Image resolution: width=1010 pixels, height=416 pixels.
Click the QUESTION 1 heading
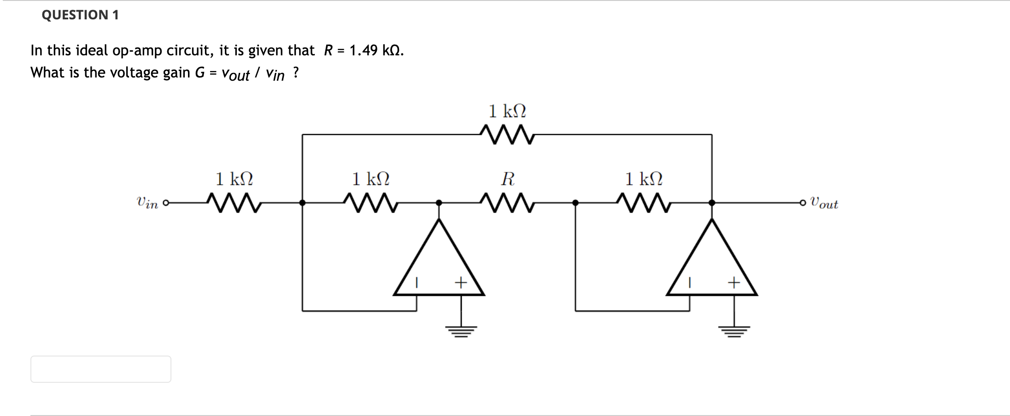click(80, 15)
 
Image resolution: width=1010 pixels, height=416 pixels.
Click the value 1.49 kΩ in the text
click(376, 50)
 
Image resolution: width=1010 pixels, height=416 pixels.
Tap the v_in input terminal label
click(147, 202)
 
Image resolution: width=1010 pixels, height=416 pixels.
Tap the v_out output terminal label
click(825, 203)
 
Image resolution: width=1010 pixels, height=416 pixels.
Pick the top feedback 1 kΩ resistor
click(507, 134)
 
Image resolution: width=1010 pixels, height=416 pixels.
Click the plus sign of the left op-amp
click(460, 282)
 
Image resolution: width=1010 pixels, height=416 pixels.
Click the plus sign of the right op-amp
click(734, 282)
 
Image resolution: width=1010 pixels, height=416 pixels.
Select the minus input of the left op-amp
click(417, 282)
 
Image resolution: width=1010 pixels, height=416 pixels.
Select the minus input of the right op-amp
click(689, 282)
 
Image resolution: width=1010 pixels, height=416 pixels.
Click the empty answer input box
click(101, 369)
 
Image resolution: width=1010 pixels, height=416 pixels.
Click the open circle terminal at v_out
click(803, 202)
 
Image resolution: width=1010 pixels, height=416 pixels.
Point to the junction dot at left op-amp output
click(439, 202)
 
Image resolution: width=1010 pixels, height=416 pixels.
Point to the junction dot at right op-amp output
click(711, 202)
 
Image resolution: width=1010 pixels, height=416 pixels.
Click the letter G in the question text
click(200, 72)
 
